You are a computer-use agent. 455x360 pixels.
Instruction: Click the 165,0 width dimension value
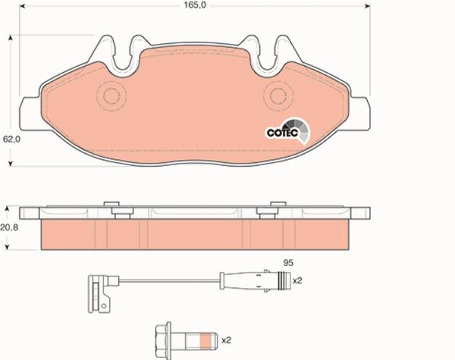[195, 5]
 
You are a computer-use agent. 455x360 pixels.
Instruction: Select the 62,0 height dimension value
[11, 139]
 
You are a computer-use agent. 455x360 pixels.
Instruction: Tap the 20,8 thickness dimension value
[9, 227]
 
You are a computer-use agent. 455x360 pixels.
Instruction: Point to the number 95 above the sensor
[288, 263]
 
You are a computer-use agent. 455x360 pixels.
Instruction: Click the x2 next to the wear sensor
[297, 281]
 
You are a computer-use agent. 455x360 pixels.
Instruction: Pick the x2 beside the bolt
[226, 340]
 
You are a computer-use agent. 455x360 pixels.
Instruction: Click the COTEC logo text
[282, 133]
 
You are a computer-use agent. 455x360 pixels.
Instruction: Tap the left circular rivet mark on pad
[111, 96]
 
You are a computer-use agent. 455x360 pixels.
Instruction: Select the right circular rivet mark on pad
[278, 96]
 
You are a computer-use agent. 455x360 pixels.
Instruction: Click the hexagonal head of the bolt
[163, 340]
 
